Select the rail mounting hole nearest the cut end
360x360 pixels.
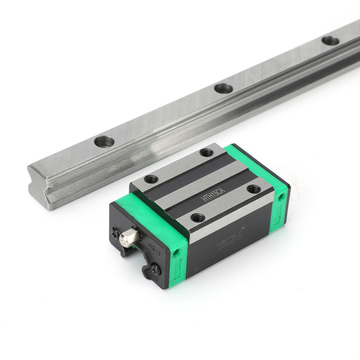pos(104,142)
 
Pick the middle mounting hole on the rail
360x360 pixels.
pos(223,88)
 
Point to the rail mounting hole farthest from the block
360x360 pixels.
pos(330,40)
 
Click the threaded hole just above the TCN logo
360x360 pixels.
pos(198,218)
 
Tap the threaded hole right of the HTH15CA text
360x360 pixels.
pos(253,189)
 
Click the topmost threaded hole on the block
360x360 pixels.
pos(207,153)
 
